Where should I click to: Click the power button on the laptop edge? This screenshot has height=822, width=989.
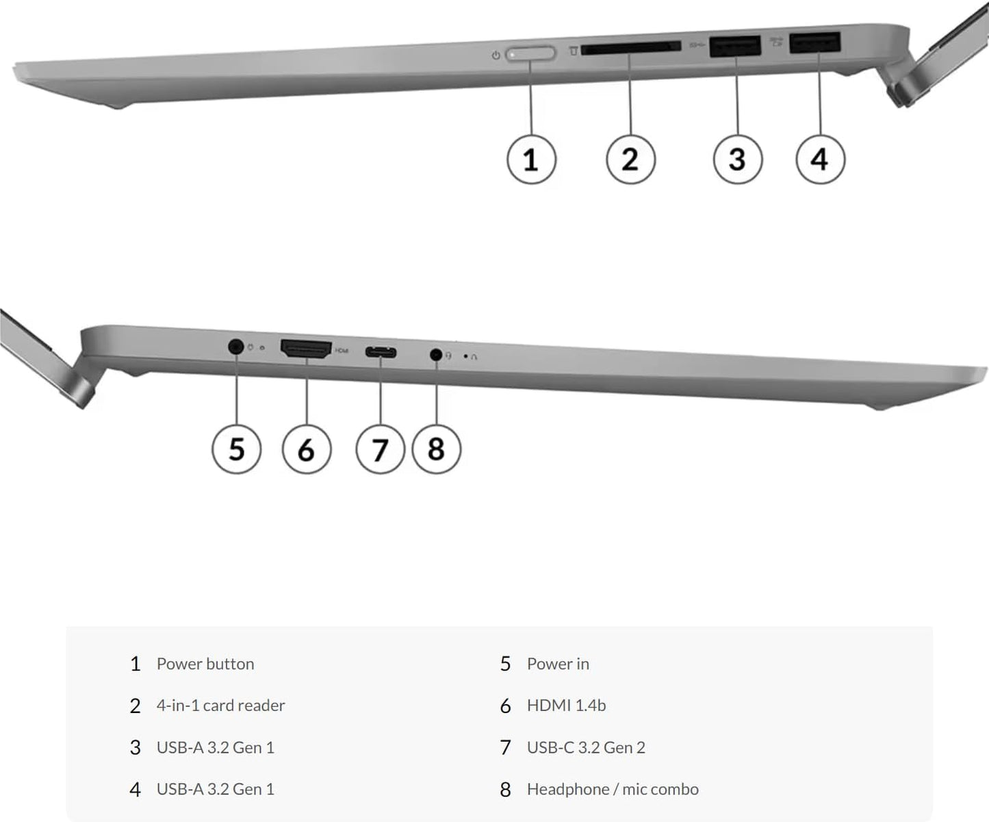[x=531, y=53]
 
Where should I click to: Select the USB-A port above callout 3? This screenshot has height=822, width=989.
[x=735, y=46]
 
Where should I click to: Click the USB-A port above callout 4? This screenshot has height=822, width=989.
[x=814, y=43]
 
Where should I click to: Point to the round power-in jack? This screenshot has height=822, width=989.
[x=236, y=347]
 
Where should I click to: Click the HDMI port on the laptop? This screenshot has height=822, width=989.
[x=306, y=349]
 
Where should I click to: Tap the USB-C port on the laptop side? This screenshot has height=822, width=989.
[x=381, y=353]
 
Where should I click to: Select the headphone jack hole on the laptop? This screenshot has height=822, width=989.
[x=436, y=355]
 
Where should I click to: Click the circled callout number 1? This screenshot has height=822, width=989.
[x=531, y=160]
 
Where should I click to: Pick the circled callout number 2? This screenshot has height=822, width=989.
[x=630, y=160]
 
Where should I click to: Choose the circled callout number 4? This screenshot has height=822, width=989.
[x=820, y=160]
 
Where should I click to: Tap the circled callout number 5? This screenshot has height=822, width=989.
[x=236, y=449]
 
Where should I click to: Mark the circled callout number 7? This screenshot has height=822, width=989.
[x=380, y=449]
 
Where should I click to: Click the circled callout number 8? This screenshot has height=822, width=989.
[x=436, y=449]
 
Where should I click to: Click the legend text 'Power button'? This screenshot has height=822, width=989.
[x=205, y=664]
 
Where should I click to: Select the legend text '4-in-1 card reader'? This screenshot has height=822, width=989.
[x=220, y=706]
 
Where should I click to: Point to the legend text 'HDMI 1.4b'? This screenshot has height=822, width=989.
[x=566, y=706]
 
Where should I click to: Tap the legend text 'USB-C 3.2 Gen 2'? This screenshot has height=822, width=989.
[x=586, y=747]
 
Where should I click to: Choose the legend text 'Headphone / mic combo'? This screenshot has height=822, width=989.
[x=613, y=789]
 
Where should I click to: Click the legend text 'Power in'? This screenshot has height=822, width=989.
[x=558, y=664]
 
